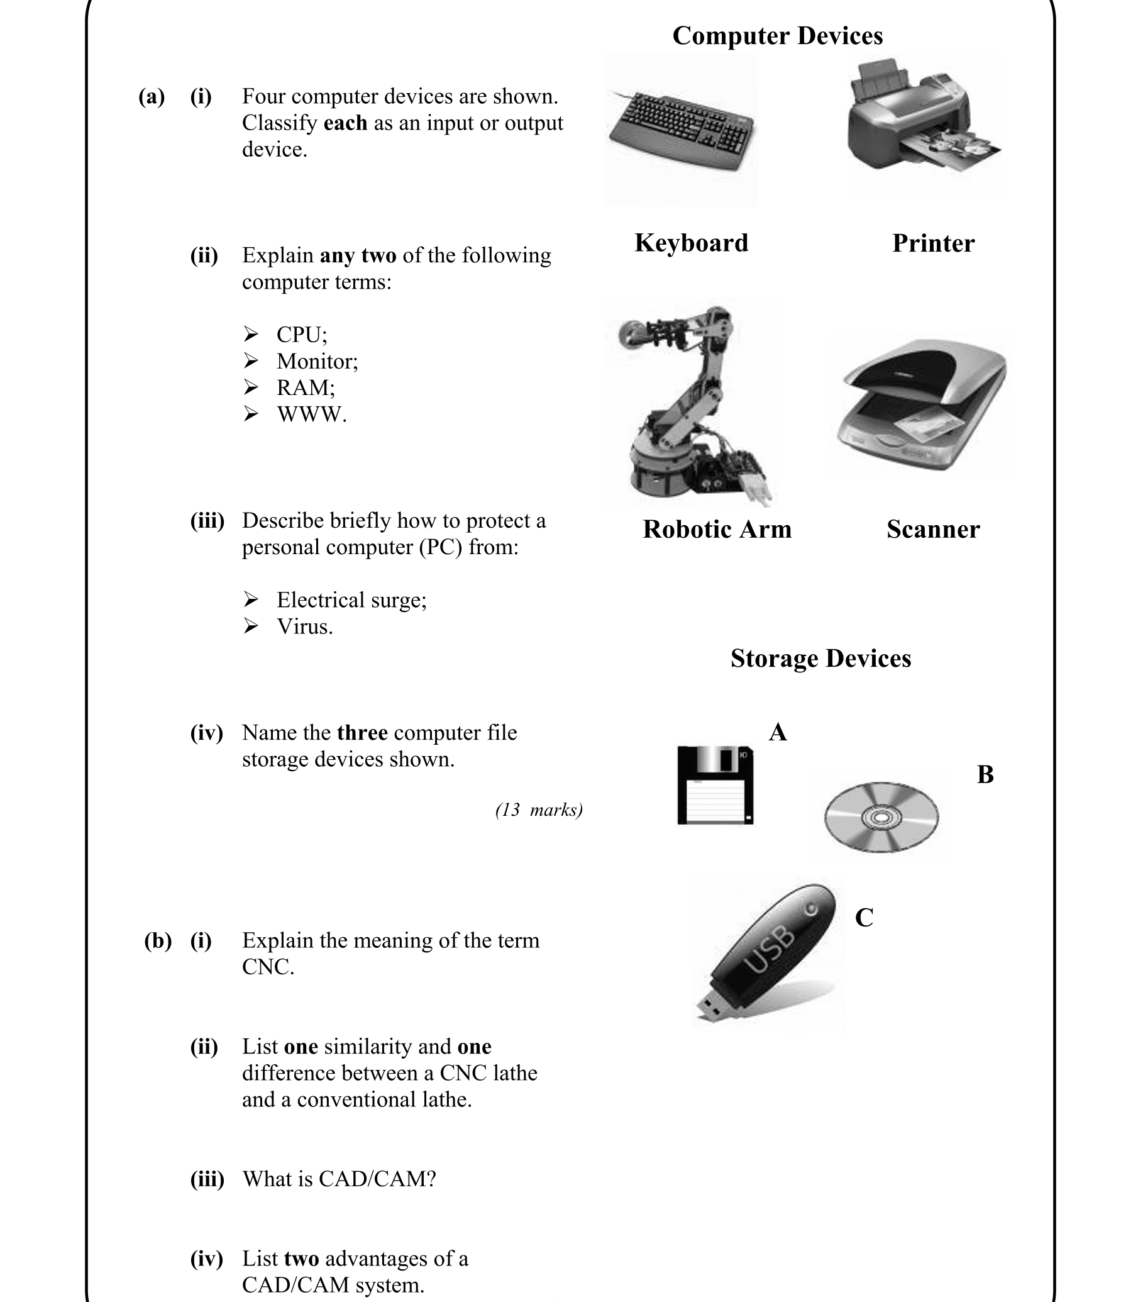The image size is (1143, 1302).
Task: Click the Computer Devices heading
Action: [x=777, y=36]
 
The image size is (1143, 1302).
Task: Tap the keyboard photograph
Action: [x=682, y=131]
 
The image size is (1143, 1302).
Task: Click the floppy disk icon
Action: [x=715, y=785]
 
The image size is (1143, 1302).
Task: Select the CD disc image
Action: [x=881, y=817]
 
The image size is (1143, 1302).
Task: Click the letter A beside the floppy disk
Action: [x=778, y=733]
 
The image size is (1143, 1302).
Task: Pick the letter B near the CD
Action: [x=985, y=774]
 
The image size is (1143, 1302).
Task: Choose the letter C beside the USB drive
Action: [x=863, y=917]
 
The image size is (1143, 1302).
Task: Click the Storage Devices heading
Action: [x=820, y=658]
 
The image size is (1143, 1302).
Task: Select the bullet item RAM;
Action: [x=305, y=387]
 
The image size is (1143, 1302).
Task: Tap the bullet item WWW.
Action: [x=311, y=414]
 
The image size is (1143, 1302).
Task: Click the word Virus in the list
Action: [x=304, y=626]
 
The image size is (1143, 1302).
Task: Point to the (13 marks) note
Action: [x=539, y=810]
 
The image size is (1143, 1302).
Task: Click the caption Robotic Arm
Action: [x=716, y=529]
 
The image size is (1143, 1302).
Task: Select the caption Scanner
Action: [x=932, y=529]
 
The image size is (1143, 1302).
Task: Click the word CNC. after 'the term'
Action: [x=267, y=966]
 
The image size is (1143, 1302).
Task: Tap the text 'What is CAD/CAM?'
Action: [x=339, y=1179]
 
